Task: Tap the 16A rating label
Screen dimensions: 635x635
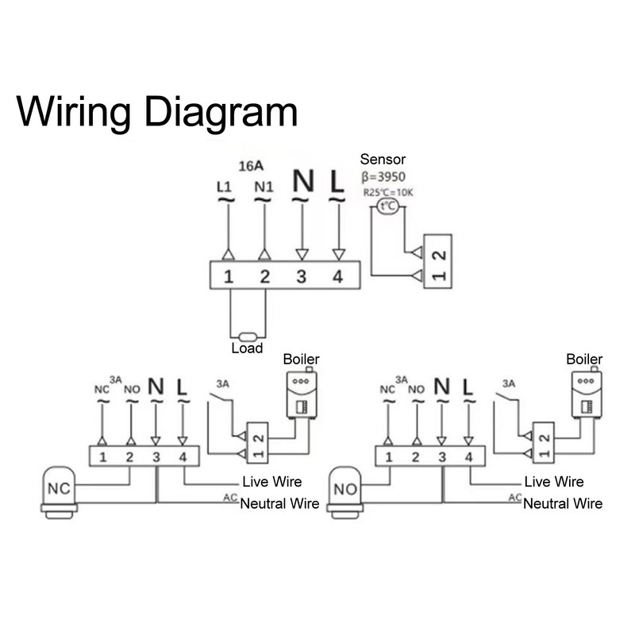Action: tap(252, 167)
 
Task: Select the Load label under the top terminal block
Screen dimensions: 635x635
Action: tap(246, 348)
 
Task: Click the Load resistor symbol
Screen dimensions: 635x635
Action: tap(246, 336)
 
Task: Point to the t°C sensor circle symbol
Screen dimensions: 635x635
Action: tap(388, 206)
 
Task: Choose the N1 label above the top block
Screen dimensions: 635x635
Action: tap(264, 187)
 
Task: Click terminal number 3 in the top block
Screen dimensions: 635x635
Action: tap(301, 277)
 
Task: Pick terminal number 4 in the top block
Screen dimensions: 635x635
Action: tap(338, 277)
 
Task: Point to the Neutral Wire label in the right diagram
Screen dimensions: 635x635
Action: tap(563, 503)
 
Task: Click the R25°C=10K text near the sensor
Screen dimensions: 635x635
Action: tap(387, 191)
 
